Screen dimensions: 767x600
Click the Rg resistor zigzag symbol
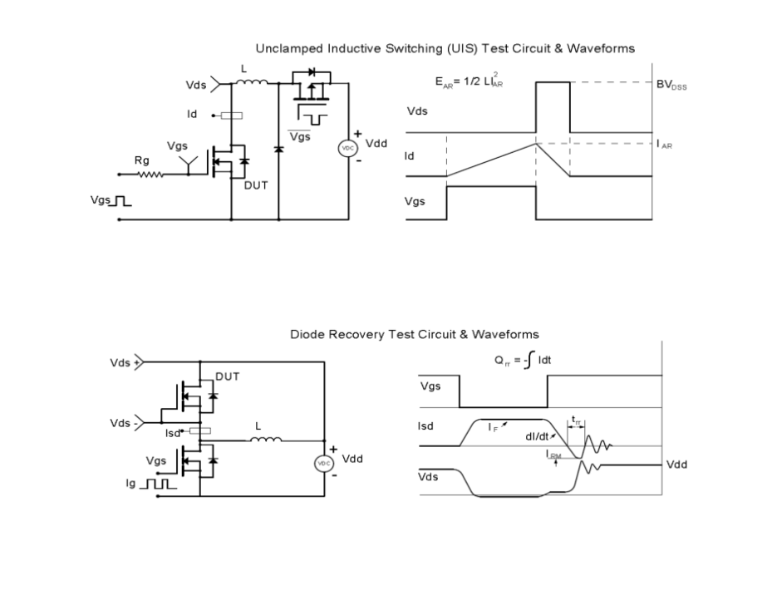pyautogui.click(x=150, y=174)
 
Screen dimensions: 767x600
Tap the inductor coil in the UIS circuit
pyautogui.click(x=252, y=81)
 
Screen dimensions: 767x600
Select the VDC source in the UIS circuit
pyautogui.click(x=348, y=148)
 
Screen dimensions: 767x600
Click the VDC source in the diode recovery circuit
pyautogui.click(x=324, y=463)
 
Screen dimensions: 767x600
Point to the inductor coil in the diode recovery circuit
pyautogui.click(x=266, y=439)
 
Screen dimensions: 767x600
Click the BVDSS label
pyautogui.click(x=671, y=85)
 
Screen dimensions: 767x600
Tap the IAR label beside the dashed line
pyautogui.click(x=664, y=145)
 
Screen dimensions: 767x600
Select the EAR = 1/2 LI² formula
pyautogui.click(x=470, y=81)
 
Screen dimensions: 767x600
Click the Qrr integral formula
pyautogui.click(x=523, y=360)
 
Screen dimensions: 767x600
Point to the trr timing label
pyautogui.click(x=576, y=420)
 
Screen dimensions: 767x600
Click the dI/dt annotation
pyautogui.click(x=537, y=436)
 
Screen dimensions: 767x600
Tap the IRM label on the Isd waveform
pyautogui.click(x=553, y=455)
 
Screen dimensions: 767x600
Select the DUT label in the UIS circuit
pyautogui.click(x=256, y=185)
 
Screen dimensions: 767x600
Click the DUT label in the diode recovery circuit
pyautogui.click(x=228, y=376)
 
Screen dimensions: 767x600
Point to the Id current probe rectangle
pyautogui.click(x=231, y=116)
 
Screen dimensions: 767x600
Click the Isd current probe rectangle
pyautogui.click(x=200, y=430)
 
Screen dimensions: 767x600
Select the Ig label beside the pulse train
pyautogui.click(x=130, y=484)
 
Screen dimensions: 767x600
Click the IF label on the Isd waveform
pyautogui.click(x=493, y=428)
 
